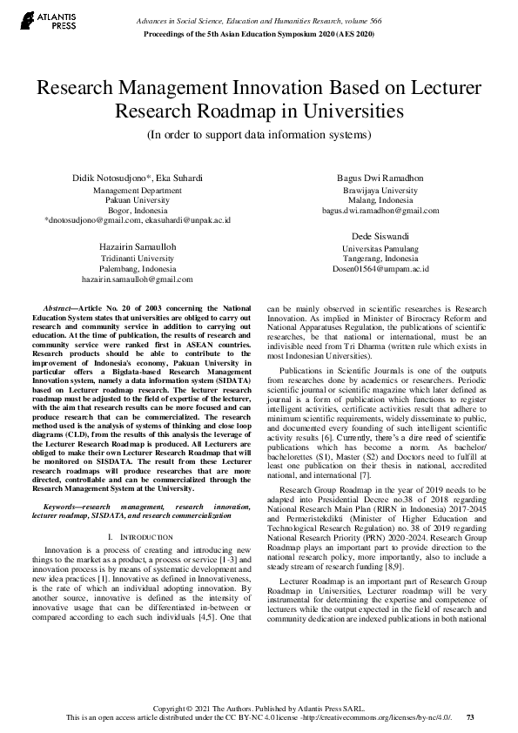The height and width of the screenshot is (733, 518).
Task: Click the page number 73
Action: (470, 717)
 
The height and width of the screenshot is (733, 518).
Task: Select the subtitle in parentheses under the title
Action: (259, 135)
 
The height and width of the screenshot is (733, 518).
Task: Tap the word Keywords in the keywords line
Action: (63, 506)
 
